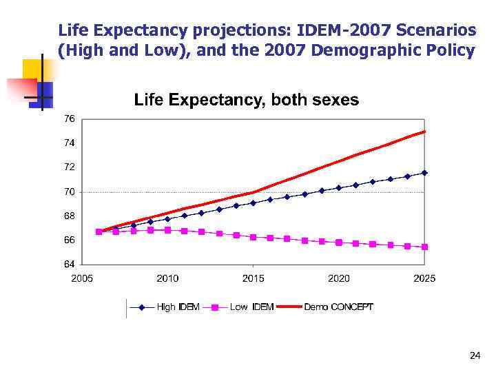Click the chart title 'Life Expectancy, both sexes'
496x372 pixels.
tap(246, 100)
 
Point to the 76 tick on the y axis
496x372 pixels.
tap(70, 118)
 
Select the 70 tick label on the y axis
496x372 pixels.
tap(70, 192)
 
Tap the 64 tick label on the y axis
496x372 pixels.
tap(70, 264)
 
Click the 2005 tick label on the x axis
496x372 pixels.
tap(82, 278)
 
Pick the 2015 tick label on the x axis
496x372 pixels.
tap(253, 278)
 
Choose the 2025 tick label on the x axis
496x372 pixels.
tap(424, 278)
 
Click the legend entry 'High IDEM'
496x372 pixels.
tap(178, 307)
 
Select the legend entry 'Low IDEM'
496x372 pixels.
tap(251, 307)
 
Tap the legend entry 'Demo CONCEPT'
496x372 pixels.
tap(338, 307)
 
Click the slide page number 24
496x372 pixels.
tap(474, 355)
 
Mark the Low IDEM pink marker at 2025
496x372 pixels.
tap(424, 247)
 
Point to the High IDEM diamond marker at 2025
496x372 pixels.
tap(424, 173)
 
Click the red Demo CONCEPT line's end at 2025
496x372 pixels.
tap(424, 132)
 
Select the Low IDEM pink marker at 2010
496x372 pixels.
tap(167, 230)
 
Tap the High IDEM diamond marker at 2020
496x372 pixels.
tap(339, 187)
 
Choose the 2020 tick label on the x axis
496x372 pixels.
tap(339, 278)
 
